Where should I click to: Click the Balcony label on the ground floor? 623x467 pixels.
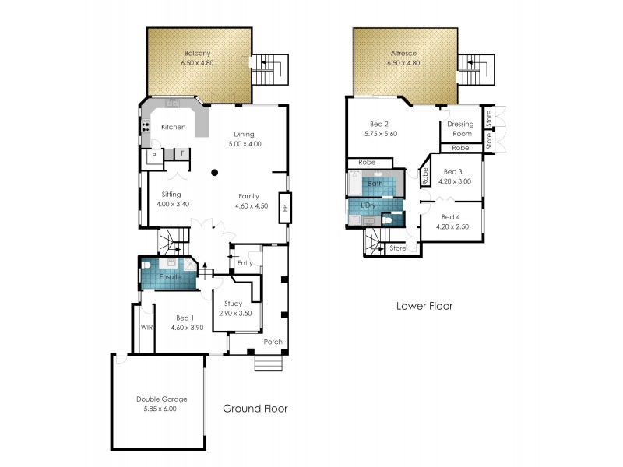[x=199, y=54]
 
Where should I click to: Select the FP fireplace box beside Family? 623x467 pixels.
[x=285, y=208]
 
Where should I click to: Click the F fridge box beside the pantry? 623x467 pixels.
[x=181, y=154]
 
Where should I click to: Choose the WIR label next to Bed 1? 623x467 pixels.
[x=146, y=328]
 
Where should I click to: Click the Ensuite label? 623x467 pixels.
[x=171, y=277]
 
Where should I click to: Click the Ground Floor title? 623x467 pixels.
[x=255, y=408]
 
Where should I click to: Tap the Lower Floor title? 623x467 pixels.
[x=424, y=306]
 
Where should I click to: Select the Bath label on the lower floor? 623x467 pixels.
[x=375, y=184]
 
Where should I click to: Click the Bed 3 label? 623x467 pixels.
[x=452, y=172]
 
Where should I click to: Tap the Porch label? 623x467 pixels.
[x=273, y=342]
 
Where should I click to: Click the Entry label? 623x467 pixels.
[x=245, y=262]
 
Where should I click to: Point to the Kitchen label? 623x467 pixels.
[x=173, y=127]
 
